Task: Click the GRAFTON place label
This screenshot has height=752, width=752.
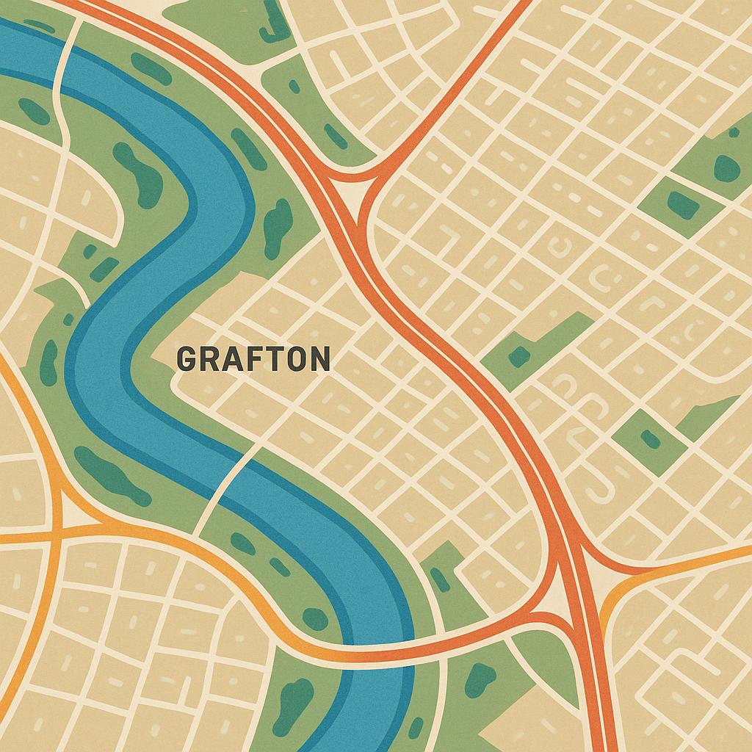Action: (253, 359)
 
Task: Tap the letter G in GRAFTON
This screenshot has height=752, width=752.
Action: (187, 359)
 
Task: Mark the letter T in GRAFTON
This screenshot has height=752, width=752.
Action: (272, 359)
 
